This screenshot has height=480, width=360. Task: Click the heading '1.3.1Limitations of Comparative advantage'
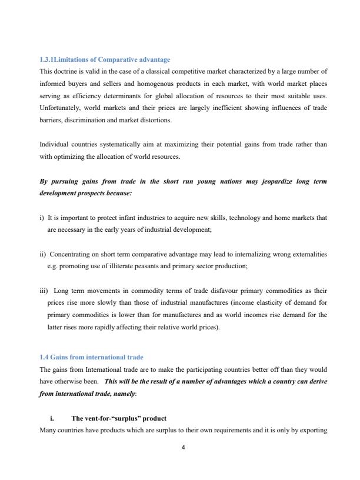click(x=105, y=59)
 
